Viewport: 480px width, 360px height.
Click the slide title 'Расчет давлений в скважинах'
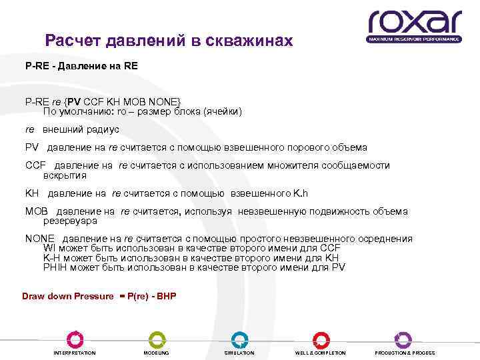169,41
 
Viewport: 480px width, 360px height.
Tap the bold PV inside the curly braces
73,101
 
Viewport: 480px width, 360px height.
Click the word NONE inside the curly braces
163,101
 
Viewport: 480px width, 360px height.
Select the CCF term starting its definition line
35,165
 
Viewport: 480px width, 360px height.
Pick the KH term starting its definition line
32,193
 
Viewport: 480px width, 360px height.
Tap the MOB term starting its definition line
37,211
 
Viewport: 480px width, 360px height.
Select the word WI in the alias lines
49,248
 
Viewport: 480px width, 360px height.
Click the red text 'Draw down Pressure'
68,295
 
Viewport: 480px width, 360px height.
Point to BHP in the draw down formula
166,295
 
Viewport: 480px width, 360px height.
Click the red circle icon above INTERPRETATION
75,339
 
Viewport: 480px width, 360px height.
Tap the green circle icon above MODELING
157,339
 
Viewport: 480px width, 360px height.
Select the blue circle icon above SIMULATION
239,339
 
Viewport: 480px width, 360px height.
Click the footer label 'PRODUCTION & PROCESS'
404,353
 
